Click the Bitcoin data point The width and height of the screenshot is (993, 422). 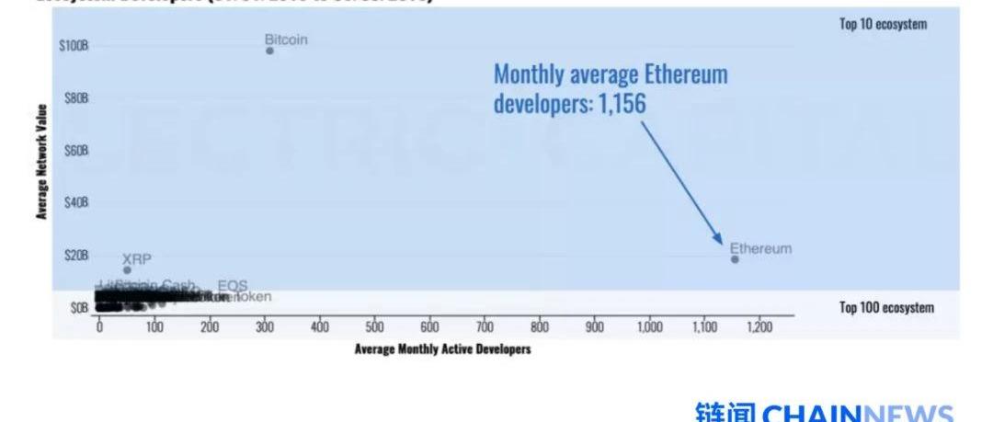click(269, 51)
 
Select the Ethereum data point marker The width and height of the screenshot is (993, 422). click(735, 259)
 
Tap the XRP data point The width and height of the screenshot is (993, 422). click(127, 269)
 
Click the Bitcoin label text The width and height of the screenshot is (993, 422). click(286, 40)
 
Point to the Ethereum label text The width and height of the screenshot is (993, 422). click(760, 248)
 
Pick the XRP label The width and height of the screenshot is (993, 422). click(137, 259)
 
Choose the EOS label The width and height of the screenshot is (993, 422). click(233, 286)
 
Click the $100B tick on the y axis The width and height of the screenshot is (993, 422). click(74, 45)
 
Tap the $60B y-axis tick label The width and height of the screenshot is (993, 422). click(75, 150)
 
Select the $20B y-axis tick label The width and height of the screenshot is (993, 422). click(75, 255)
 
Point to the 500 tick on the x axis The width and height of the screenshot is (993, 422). click(374, 327)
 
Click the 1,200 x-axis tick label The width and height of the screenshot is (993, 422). click(759, 327)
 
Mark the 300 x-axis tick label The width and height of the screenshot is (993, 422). click(265, 327)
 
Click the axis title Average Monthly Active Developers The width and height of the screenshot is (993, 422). click(442, 349)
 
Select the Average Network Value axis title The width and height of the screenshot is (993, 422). click(41, 162)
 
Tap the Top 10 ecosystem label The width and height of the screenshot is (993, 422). click(883, 25)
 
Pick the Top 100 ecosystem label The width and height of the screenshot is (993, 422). click(886, 308)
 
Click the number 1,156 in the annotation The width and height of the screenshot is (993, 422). click(622, 103)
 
